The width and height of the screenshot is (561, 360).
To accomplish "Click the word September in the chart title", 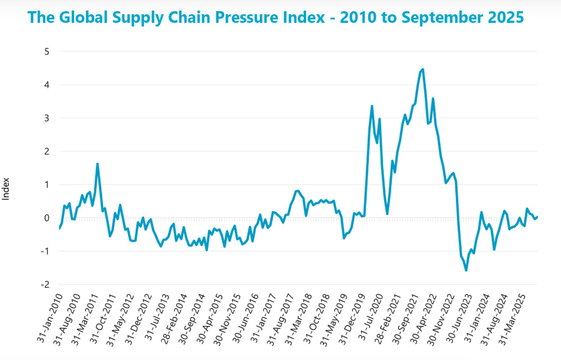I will click(441, 17).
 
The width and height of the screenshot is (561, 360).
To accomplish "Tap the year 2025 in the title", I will click(504, 17).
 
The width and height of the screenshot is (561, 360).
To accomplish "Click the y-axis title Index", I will click(6, 190).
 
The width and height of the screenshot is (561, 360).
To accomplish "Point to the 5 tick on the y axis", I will click(46, 52).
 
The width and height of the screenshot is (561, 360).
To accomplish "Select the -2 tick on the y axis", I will click(45, 284).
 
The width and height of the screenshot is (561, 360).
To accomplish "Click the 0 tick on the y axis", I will click(46, 218).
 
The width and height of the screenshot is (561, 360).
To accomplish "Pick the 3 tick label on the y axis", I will click(46, 118).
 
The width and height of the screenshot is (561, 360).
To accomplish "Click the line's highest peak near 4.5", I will click(423, 69).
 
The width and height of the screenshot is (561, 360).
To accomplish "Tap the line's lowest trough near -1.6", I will click(466, 270).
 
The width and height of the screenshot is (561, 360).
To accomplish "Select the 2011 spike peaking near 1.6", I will click(98, 164).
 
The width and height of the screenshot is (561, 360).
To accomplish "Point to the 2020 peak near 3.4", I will click(372, 106).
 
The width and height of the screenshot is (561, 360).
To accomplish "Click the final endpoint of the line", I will click(538, 217).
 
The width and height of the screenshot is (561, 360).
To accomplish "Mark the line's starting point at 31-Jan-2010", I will click(59, 228).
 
